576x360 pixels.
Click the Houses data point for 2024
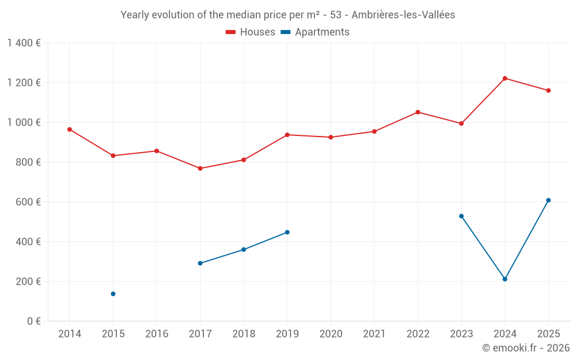pos(505,78)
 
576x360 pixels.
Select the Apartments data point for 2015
pos(113,294)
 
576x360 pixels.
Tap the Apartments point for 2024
pos(505,279)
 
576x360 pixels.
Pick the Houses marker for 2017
pos(200,168)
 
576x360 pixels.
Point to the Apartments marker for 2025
pos(548,200)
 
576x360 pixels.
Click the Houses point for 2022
pos(418,112)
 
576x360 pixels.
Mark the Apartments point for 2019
pos(287,232)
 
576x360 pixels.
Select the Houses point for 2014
pos(69,130)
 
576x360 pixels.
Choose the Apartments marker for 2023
pos(461,216)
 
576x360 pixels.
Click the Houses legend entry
pos(251,32)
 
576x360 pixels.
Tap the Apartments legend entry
pos(315,32)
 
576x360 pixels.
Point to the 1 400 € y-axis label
pos(24,43)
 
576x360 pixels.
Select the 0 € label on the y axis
pos(33,321)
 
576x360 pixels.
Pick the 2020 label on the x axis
pos(331,334)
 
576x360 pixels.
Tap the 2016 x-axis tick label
pos(157,334)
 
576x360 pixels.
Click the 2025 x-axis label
pos(548,334)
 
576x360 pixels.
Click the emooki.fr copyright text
pos(526,348)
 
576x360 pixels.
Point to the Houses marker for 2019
pos(287,135)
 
